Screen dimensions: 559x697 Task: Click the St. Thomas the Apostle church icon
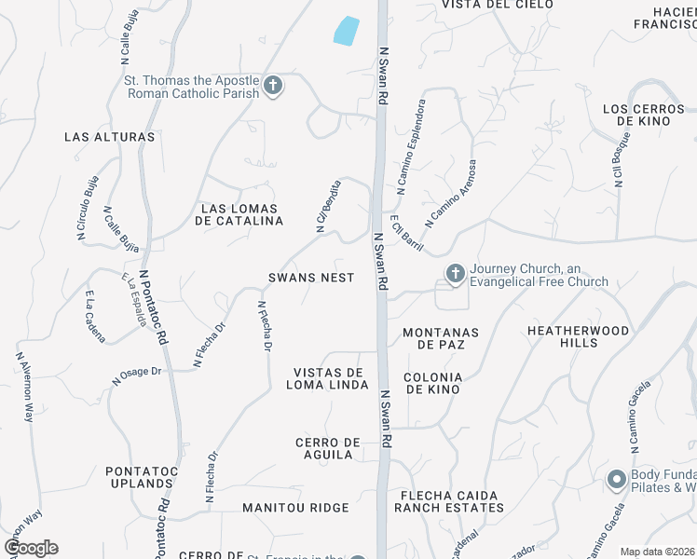click(273, 87)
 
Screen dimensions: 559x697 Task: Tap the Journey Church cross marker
click(455, 273)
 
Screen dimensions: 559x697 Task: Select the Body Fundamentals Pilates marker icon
click(616, 480)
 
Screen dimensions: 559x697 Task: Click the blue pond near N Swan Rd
click(346, 31)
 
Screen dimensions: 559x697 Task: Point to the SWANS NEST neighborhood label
click(311, 278)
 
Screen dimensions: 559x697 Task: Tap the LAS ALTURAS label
click(109, 137)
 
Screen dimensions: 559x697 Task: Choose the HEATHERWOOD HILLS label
click(577, 337)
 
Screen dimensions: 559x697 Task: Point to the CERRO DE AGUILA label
click(326, 448)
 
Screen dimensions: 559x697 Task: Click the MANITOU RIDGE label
click(295, 508)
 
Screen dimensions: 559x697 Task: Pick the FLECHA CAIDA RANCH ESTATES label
click(448, 501)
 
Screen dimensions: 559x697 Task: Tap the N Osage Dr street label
click(137, 375)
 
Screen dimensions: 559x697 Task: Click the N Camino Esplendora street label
click(411, 146)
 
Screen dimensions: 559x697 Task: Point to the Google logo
click(31, 548)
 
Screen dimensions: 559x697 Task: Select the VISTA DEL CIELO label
click(484, 5)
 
